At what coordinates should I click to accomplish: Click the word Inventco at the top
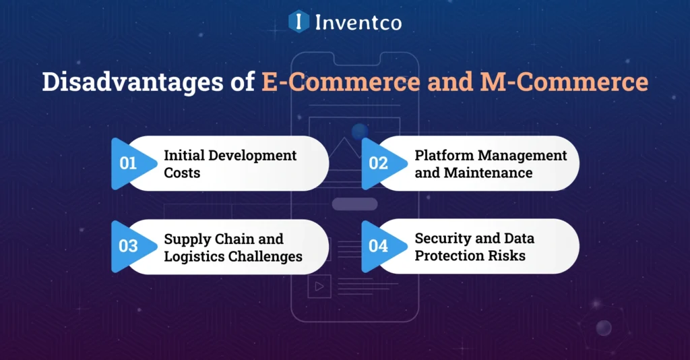(x=358, y=22)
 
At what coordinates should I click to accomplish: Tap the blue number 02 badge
(x=378, y=163)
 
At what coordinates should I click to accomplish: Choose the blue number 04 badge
(x=378, y=246)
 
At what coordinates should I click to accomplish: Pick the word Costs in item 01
(x=182, y=173)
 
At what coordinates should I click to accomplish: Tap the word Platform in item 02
(x=442, y=155)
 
